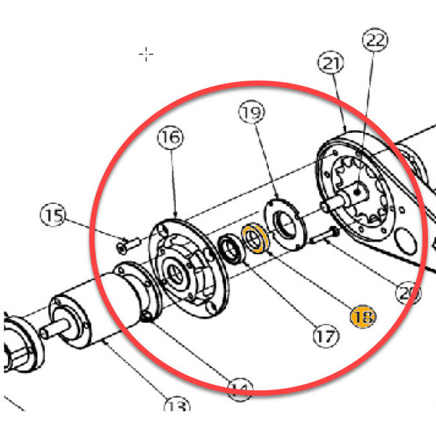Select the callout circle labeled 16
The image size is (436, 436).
point(171,137)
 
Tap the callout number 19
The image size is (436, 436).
point(251,113)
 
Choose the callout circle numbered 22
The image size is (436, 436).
point(375,41)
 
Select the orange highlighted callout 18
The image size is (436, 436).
point(363,317)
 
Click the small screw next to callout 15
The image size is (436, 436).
point(127,242)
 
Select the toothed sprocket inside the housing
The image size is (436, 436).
point(360,194)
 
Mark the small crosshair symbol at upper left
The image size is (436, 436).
point(147,53)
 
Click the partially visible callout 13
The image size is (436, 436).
point(177,406)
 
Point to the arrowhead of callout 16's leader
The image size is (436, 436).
point(174,215)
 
